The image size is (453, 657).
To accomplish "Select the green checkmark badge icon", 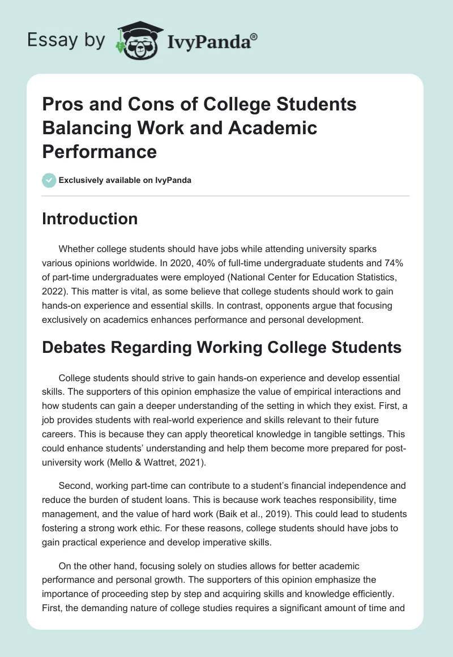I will coord(49,180).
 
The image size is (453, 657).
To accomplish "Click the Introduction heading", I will coord(89,219).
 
